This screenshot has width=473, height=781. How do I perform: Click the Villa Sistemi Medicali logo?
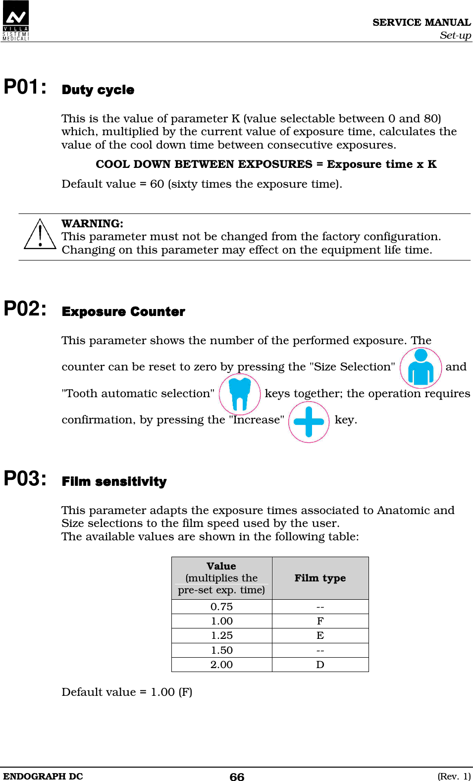tap(16, 20)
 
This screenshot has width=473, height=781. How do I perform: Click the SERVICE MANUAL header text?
tap(421, 22)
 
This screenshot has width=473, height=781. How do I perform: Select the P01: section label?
tap(25, 87)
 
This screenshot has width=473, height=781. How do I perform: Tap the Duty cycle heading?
tap(98, 90)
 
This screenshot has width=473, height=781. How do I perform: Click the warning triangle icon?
tap(40, 234)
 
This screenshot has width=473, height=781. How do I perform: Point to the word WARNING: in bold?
tap(92, 223)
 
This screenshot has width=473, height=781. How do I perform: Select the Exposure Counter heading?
tap(123, 312)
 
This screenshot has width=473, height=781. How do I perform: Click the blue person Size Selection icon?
tap(420, 367)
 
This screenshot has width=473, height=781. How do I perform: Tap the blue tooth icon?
tap(240, 394)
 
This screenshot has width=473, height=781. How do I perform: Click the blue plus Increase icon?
tap(309, 421)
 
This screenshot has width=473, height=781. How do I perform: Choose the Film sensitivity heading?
tap(114, 482)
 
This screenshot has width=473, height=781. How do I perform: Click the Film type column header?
tap(320, 578)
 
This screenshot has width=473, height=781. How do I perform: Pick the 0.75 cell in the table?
tap(221, 607)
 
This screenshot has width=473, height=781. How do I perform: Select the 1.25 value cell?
tap(221, 635)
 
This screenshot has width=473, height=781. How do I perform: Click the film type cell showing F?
tap(320, 621)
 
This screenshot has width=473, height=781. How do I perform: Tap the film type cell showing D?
tap(320, 665)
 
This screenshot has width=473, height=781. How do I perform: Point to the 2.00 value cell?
tap(221, 665)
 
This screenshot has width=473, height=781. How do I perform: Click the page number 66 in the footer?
tap(237, 777)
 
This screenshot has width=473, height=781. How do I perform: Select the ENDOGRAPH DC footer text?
tap(43, 776)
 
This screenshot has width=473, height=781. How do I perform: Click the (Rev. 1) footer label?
tap(454, 776)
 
